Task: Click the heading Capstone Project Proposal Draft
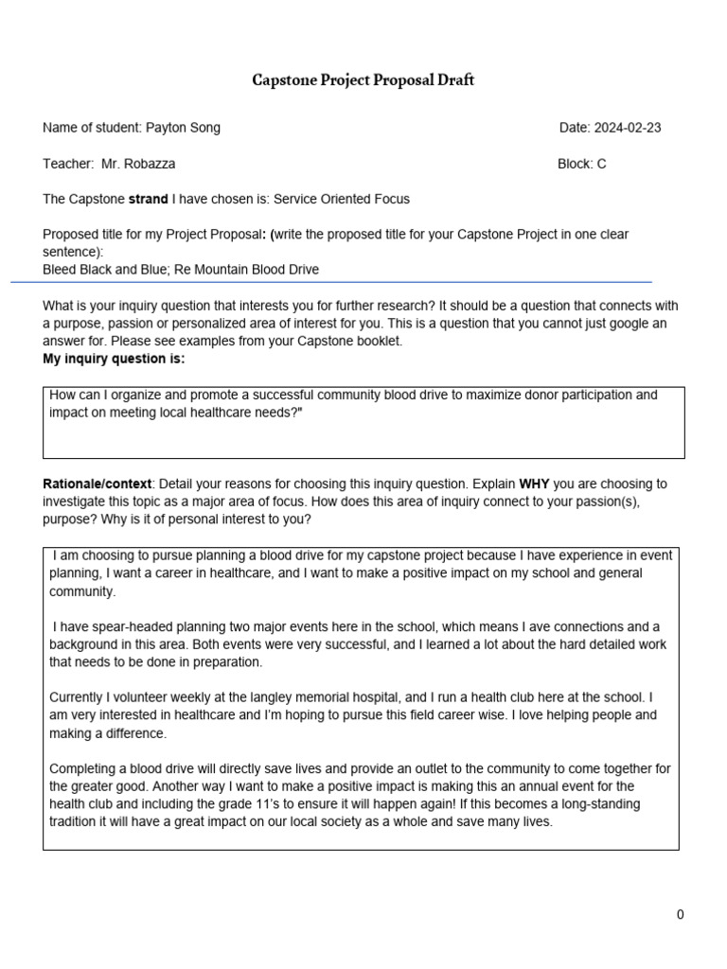pyautogui.click(x=363, y=80)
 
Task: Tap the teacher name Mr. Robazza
pyautogui.click(x=138, y=164)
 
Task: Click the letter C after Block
pyautogui.click(x=601, y=164)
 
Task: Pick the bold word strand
pyautogui.click(x=149, y=199)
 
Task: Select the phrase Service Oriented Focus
pyautogui.click(x=342, y=199)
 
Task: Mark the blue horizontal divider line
pyautogui.click(x=331, y=282)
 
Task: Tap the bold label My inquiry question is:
pyautogui.click(x=114, y=359)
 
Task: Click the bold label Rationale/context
pyautogui.click(x=97, y=484)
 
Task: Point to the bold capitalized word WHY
pyautogui.click(x=536, y=484)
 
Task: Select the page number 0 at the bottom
pyautogui.click(x=680, y=914)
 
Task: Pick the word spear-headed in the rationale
pyautogui.click(x=115, y=626)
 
